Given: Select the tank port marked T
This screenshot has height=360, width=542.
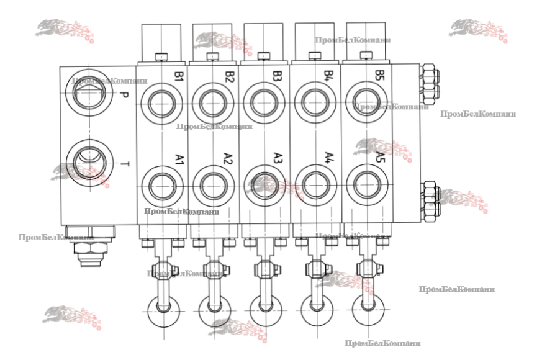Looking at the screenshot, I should tap(90, 162).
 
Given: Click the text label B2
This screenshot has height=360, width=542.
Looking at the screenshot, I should tap(229, 77).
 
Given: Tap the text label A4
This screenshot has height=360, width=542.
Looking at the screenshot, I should tap(329, 159).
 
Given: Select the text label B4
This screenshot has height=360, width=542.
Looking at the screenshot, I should tap(329, 77).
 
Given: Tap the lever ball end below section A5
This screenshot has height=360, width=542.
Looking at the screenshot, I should tap(366, 307).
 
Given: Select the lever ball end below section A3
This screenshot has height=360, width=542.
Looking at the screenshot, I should tap(264, 307).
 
